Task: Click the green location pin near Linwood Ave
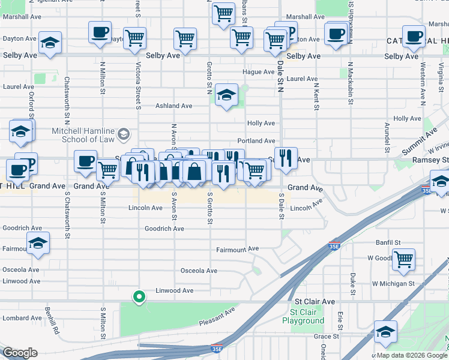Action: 139,296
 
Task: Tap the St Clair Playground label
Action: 307,316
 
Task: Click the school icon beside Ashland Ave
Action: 226,95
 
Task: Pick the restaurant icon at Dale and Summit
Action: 286,158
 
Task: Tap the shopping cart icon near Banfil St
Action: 404,259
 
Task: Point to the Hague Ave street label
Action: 258,72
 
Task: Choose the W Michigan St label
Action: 393,283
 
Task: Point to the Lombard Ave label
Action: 22,318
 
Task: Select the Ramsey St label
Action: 430,160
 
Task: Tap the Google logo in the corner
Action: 20,353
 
